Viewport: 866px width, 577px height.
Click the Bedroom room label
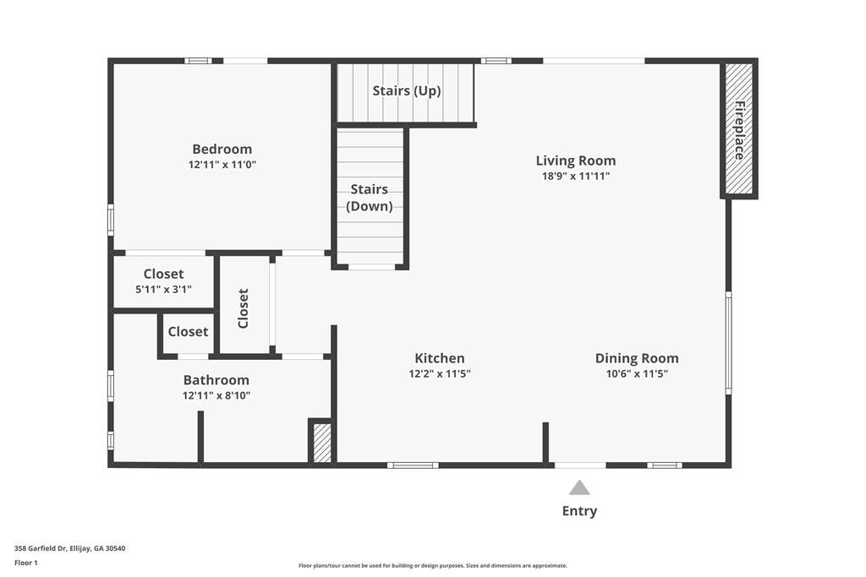[222, 149]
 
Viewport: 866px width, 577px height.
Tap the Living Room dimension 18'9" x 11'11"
[575, 176]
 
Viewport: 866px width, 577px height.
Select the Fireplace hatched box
[738, 128]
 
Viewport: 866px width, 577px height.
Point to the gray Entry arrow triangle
[579, 487]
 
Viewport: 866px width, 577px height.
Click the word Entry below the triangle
[579, 511]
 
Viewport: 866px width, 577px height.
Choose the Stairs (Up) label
[407, 90]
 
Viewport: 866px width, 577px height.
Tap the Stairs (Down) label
[370, 198]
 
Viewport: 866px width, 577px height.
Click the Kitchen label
[440, 358]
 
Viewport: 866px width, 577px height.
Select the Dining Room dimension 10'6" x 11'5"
[637, 373]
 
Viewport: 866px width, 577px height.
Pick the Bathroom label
[216, 380]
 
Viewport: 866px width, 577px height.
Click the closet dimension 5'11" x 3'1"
[163, 289]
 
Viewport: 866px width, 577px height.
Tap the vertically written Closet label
[243, 308]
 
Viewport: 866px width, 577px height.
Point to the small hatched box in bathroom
[322, 443]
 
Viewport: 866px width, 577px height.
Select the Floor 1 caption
[26, 563]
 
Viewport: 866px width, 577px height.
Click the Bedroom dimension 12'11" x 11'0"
[222, 165]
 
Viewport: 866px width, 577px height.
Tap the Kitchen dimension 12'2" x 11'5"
[440, 373]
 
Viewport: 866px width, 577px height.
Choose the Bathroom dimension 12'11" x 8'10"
[216, 395]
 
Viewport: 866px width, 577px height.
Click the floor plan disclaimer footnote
[432, 565]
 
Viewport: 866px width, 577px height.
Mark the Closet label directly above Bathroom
[188, 331]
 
